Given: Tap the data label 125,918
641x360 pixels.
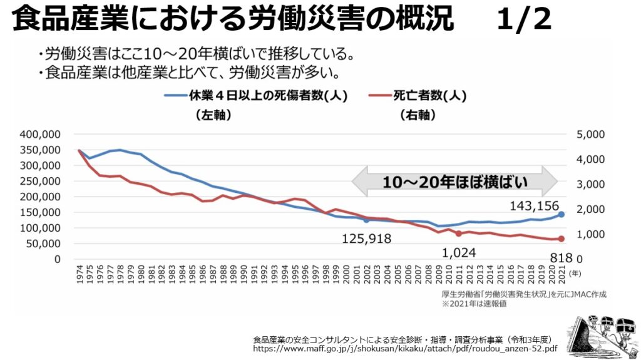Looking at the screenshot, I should click(366, 239).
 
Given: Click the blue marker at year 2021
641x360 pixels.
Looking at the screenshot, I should click(562, 214).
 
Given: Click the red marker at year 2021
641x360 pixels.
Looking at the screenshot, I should click(562, 239).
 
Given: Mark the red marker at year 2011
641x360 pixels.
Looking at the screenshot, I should click(459, 234).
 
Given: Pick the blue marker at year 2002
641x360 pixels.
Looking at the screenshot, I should click(366, 220).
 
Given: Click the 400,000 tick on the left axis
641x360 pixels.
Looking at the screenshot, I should click(39, 134).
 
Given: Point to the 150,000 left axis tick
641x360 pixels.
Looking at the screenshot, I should click(39, 212).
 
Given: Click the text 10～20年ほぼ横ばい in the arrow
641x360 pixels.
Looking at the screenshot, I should click(455, 182).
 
